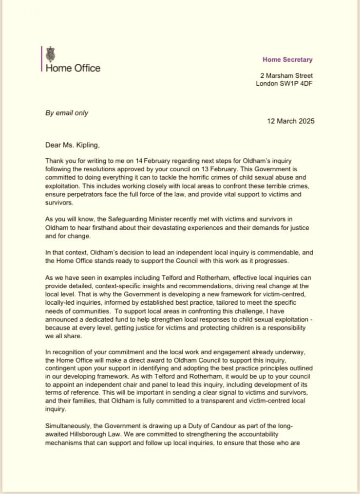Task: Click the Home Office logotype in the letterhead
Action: (73, 68)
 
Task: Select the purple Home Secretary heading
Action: (287, 59)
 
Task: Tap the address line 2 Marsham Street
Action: (286, 75)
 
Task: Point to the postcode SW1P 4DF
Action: (298, 83)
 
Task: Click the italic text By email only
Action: (67, 112)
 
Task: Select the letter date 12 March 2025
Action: (290, 121)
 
